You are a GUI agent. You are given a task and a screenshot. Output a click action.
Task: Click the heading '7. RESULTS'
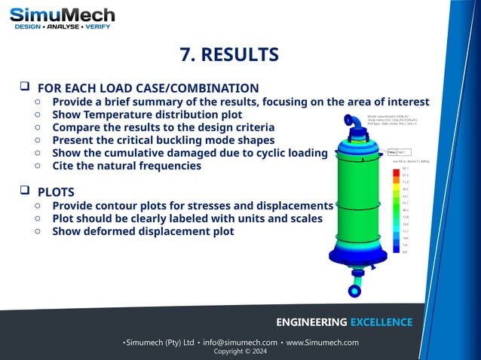coord(229,55)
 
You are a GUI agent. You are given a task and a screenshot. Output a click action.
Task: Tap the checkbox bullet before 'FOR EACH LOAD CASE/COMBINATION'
coord(25,87)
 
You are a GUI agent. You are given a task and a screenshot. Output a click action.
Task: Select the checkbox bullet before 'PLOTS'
coord(25,191)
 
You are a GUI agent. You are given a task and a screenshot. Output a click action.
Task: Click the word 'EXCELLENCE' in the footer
coord(381,322)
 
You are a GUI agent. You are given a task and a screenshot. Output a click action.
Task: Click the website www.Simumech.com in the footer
coord(322,343)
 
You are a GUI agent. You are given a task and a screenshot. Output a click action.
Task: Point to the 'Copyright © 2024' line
coord(240,352)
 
